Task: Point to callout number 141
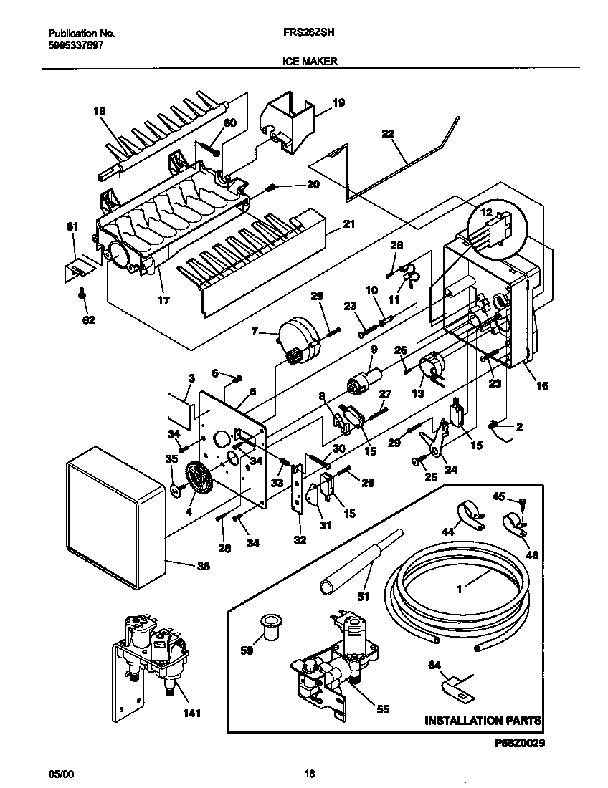191,713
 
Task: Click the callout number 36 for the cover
203,566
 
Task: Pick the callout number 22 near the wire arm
388,134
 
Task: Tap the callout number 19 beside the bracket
338,103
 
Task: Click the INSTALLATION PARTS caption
483,720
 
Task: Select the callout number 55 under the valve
383,709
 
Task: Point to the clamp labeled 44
465,515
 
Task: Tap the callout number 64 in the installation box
434,664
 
